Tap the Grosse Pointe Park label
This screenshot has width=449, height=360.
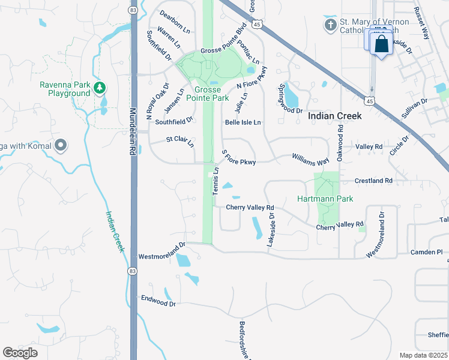[x=208, y=93]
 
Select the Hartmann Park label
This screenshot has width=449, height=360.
[x=325, y=199]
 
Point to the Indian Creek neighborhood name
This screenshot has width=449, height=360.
[x=335, y=116]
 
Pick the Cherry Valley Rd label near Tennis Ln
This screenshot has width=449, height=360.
[x=250, y=208]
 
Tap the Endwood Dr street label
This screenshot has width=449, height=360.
[x=158, y=301]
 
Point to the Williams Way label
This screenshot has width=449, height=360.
[x=311, y=158]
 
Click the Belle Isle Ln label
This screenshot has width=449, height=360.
[x=243, y=122]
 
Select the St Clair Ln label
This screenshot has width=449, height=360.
[x=180, y=142]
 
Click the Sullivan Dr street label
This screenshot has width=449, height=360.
[x=414, y=107]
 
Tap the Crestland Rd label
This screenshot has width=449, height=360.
[x=373, y=181]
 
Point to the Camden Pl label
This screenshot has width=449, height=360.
[x=426, y=253]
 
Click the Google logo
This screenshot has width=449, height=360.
[x=20, y=353]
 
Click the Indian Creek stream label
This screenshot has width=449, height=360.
[x=115, y=231]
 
